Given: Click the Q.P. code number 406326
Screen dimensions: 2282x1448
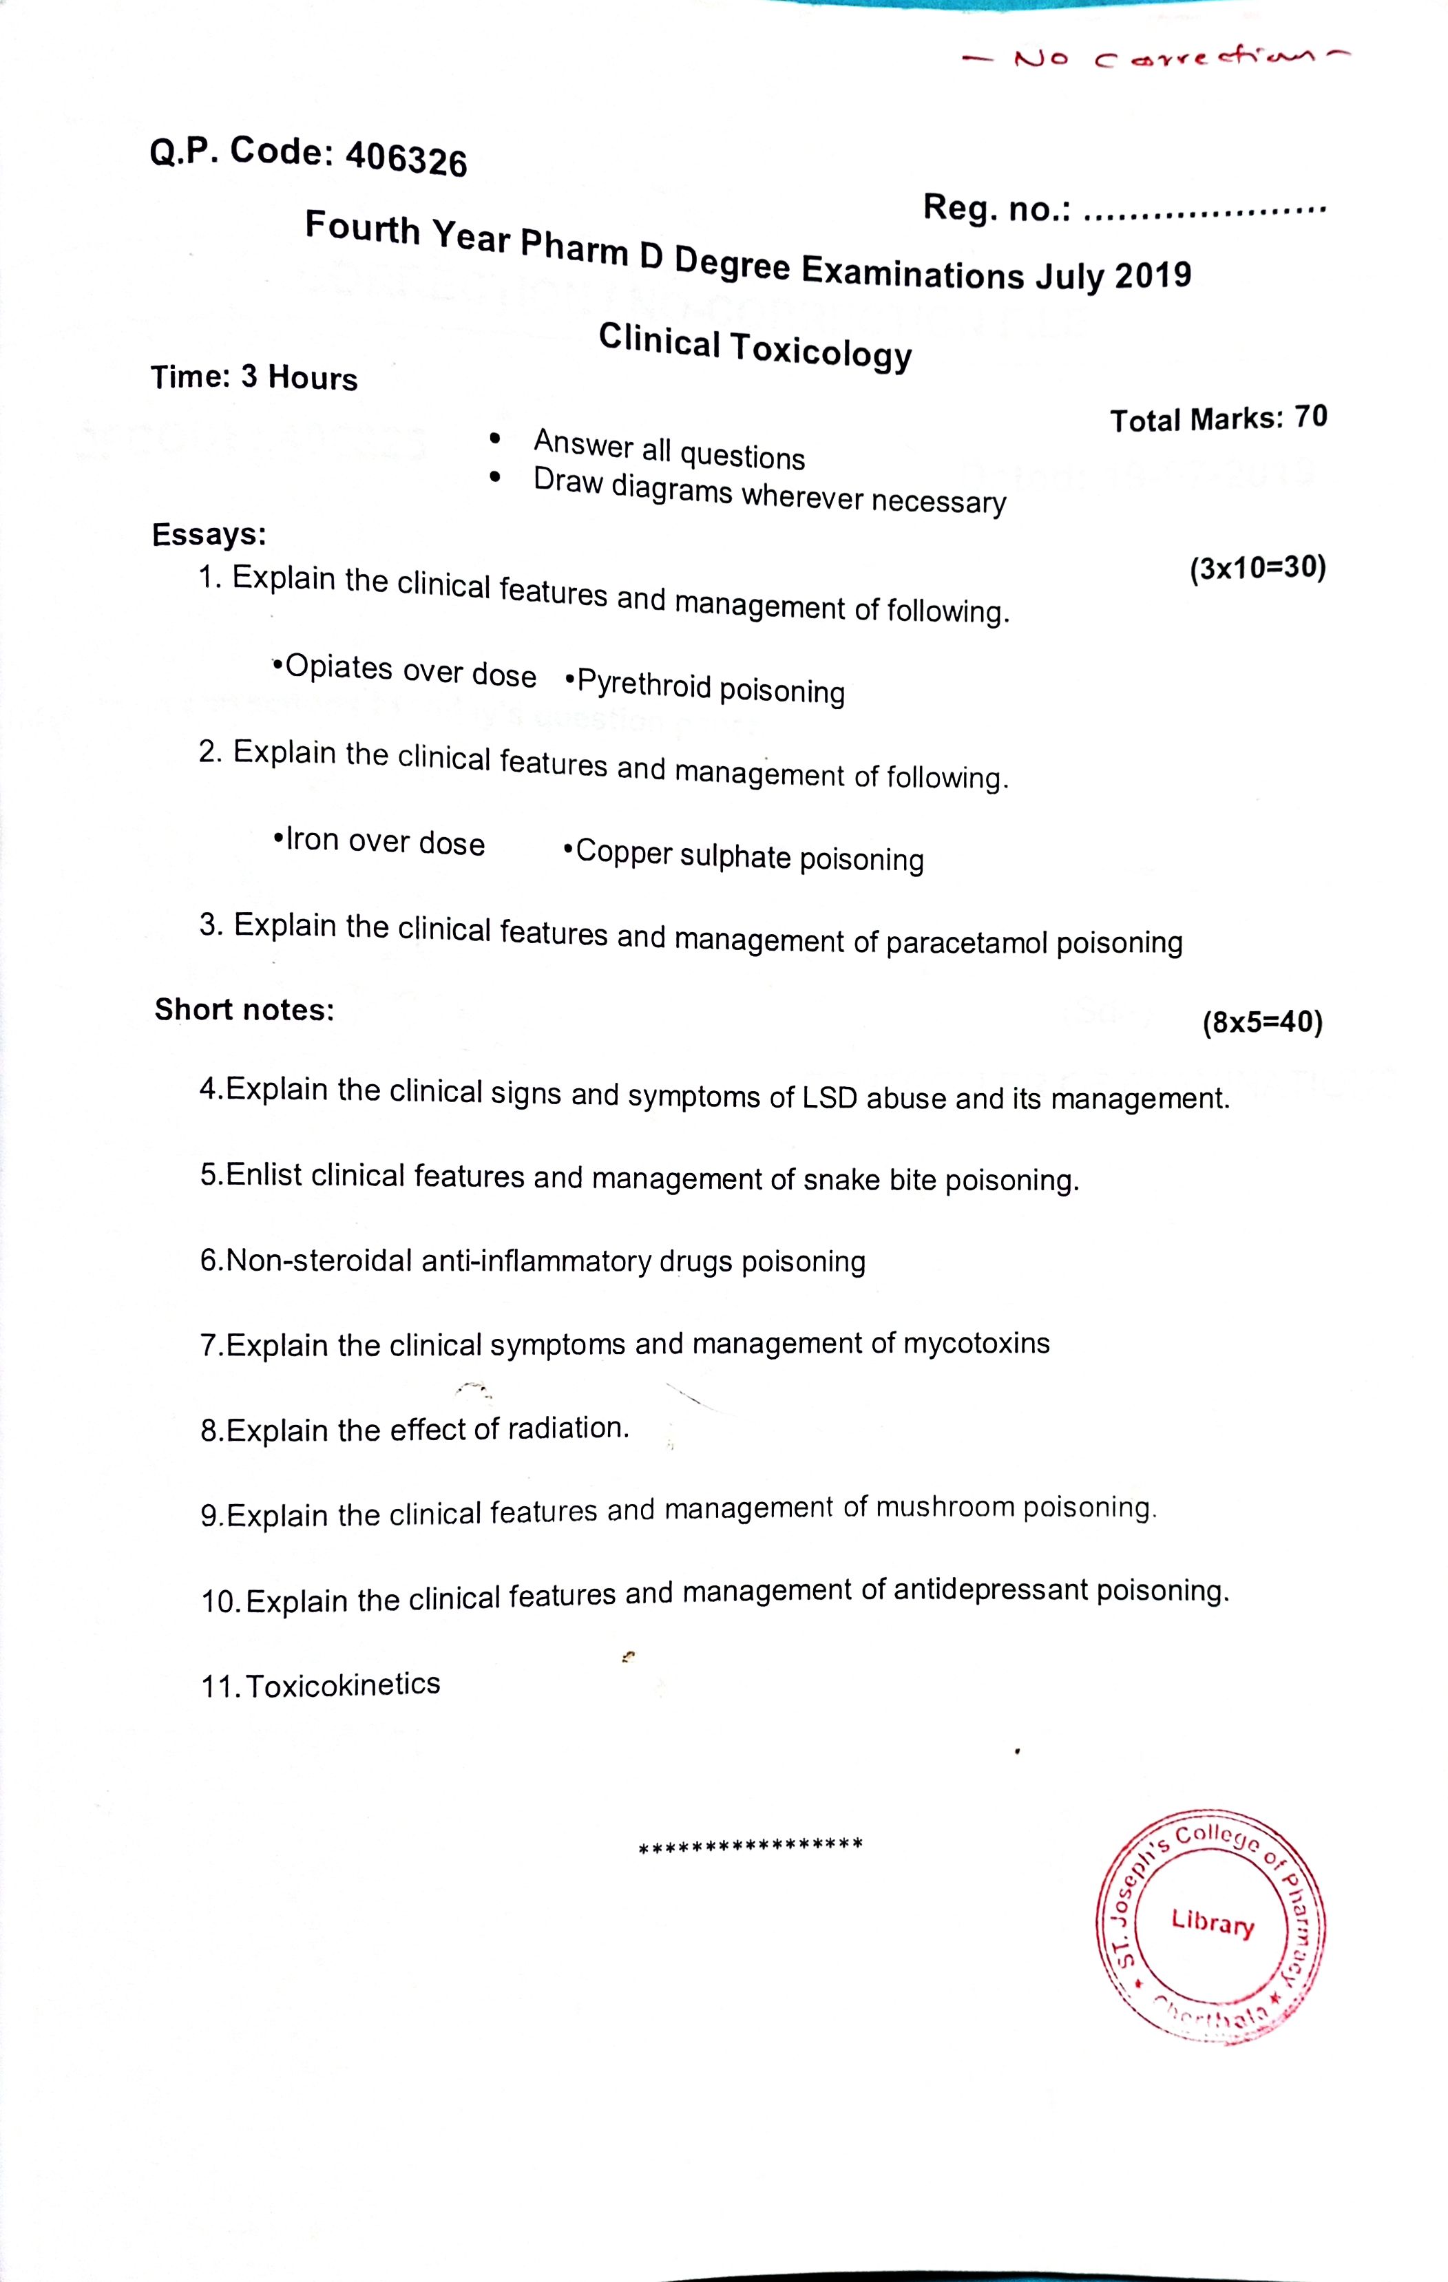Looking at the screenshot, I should click(406, 159).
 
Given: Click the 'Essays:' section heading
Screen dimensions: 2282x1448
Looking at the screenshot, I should click(209, 534).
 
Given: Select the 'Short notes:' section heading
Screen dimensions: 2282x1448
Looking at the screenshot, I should click(244, 1009).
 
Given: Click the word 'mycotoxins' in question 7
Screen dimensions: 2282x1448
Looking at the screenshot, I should click(976, 1343).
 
